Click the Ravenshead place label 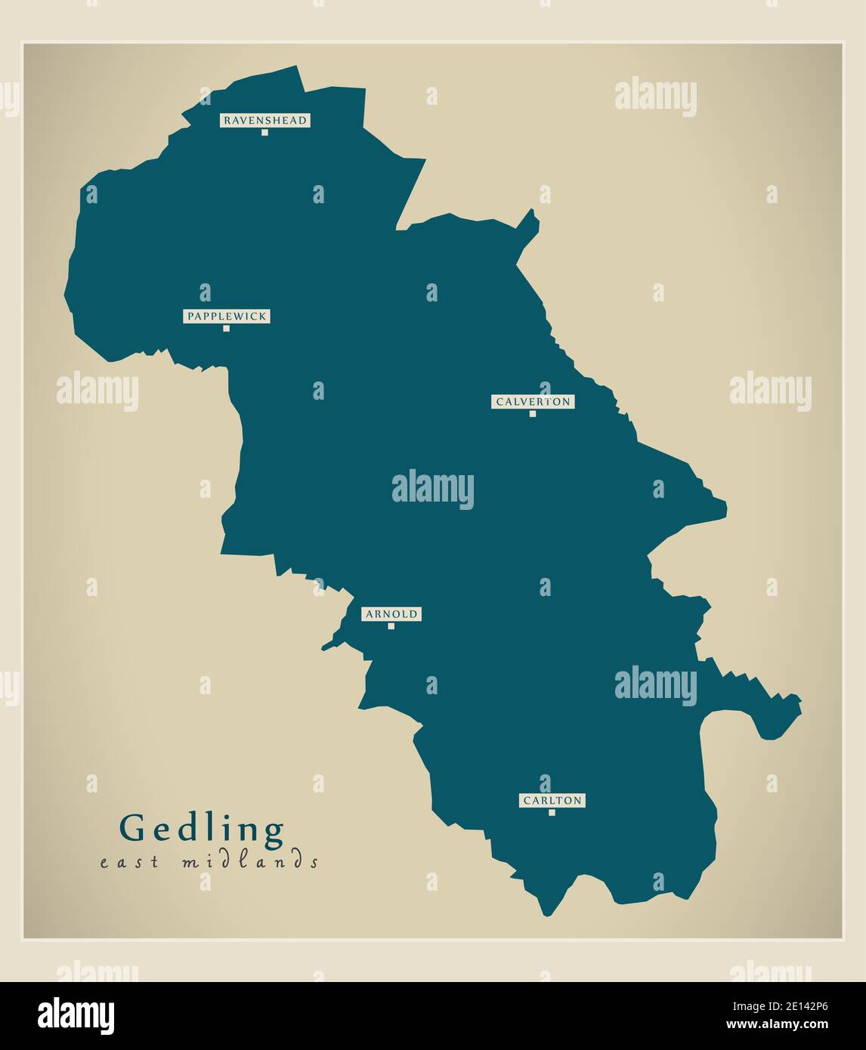click(x=264, y=120)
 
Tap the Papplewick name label click(x=227, y=317)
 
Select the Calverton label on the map click(x=533, y=402)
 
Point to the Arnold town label click(x=391, y=614)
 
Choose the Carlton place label click(x=552, y=800)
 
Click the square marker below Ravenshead click(x=264, y=132)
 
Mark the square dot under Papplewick click(x=226, y=329)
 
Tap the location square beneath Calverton click(x=533, y=414)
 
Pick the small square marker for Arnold click(x=391, y=626)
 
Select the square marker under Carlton click(x=552, y=813)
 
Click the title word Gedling click(x=203, y=829)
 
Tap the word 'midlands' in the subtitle click(x=250, y=861)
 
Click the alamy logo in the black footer click(x=76, y=1015)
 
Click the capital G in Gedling click(x=132, y=829)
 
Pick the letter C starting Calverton click(x=499, y=402)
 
